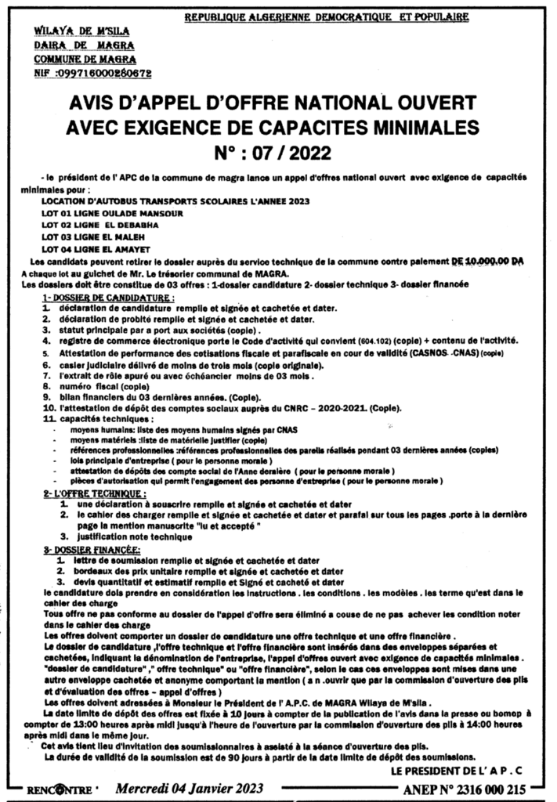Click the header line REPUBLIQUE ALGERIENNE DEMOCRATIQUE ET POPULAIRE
click(327, 15)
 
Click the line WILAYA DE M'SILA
click(81, 31)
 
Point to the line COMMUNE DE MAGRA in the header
click(85, 59)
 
